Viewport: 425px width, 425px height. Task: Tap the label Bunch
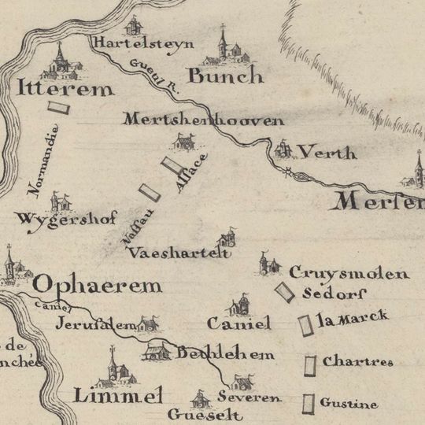(x=225, y=76)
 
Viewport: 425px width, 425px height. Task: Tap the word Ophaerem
(x=98, y=285)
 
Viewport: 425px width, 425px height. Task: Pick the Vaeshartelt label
(x=181, y=253)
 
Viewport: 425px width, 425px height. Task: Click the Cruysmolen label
(x=349, y=274)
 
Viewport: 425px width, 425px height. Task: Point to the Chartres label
(x=357, y=362)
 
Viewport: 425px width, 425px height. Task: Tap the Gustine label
(x=348, y=404)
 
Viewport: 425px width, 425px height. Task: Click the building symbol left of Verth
(x=283, y=148)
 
